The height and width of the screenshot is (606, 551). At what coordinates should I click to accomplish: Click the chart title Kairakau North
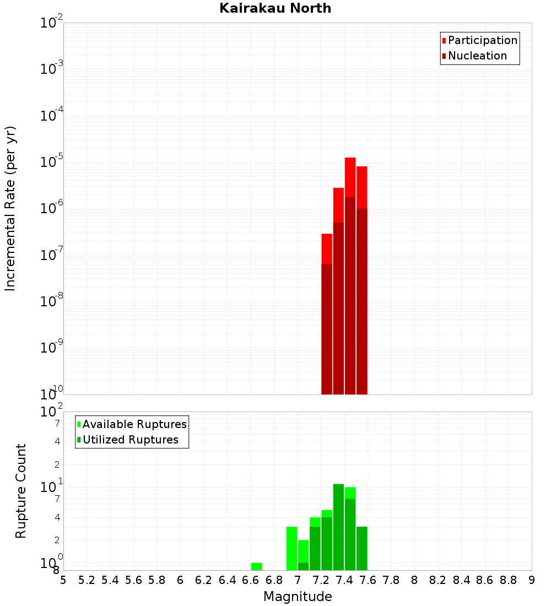point(275,8)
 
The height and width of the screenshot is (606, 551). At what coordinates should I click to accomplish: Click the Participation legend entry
point(482,40)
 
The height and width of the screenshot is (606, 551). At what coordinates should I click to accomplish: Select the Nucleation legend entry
point(477,56)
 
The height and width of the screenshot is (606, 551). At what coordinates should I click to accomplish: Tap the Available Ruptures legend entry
point(134,424)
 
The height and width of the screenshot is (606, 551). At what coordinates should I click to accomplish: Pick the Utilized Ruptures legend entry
point(130,440)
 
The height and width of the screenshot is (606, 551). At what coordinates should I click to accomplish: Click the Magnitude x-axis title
point(298,597)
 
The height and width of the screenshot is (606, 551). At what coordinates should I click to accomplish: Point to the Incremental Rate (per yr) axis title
point(10,209)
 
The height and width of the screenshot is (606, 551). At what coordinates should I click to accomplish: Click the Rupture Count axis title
point(21,491)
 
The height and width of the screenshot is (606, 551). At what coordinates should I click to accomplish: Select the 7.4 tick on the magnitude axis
point(344,580)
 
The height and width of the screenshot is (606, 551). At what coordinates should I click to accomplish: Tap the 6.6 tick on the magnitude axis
point(251,580)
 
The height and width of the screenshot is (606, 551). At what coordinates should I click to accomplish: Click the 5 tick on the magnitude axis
point(63,580)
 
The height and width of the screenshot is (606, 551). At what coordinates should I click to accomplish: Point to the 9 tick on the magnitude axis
point(532,580)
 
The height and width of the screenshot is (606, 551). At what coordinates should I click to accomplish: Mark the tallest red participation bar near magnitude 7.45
point(350,176)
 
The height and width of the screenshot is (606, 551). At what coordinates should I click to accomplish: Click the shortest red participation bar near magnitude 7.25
point(327,248)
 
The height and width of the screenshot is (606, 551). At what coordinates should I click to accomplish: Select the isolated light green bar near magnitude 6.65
point(256,566)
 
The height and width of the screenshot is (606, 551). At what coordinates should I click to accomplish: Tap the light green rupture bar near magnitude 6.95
point(291,548)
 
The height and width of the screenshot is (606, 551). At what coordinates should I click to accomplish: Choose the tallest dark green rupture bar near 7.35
point(338,526)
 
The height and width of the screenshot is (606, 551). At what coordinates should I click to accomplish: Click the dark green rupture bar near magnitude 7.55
point(362,548)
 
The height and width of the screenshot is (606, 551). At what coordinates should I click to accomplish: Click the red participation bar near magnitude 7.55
point(362,187)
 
